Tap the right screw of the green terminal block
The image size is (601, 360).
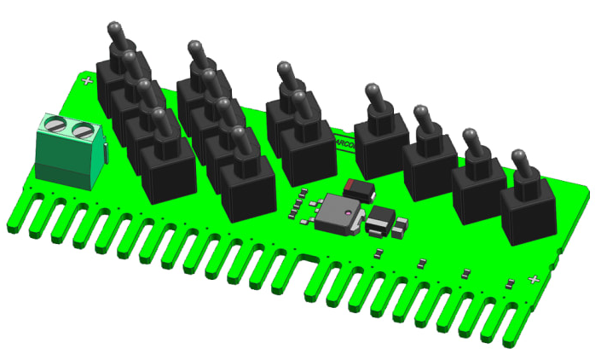coord(82,131)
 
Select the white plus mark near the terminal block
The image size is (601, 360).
coord(87,81)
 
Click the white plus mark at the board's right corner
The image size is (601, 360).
coord(535,280)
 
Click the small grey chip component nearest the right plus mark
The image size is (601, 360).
coord(510,282)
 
